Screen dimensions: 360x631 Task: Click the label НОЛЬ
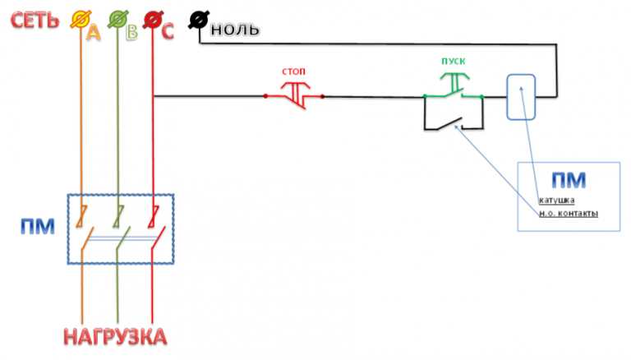coord(236,30)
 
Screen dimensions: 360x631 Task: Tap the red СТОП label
coord(293,72)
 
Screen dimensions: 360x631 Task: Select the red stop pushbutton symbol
coord(293,95)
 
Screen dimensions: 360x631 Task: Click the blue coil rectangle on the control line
coord(520,96)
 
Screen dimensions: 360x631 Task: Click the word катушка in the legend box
coord(556,200)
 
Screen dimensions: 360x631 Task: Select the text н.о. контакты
coord(568,214)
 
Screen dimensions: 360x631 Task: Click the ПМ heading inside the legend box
coord(568,180)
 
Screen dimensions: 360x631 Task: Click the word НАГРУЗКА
coord(115,336)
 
